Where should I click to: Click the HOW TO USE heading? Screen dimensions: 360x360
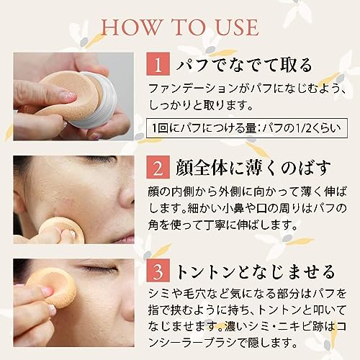click(x=180, y=27)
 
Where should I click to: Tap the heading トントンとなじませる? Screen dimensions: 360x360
click(x=256, y=273)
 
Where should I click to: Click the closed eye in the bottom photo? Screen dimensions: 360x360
click(x=101, y=270)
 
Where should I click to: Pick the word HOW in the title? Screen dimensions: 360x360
click(x=127, y=27)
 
